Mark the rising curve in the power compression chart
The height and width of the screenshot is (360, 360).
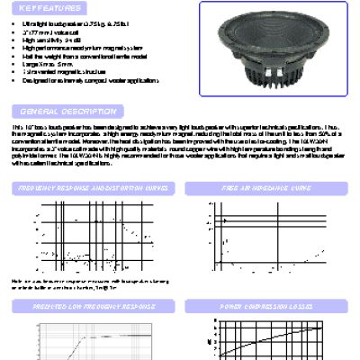[x=270, y=336]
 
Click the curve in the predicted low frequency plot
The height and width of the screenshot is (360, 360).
[x=99, y=338]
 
